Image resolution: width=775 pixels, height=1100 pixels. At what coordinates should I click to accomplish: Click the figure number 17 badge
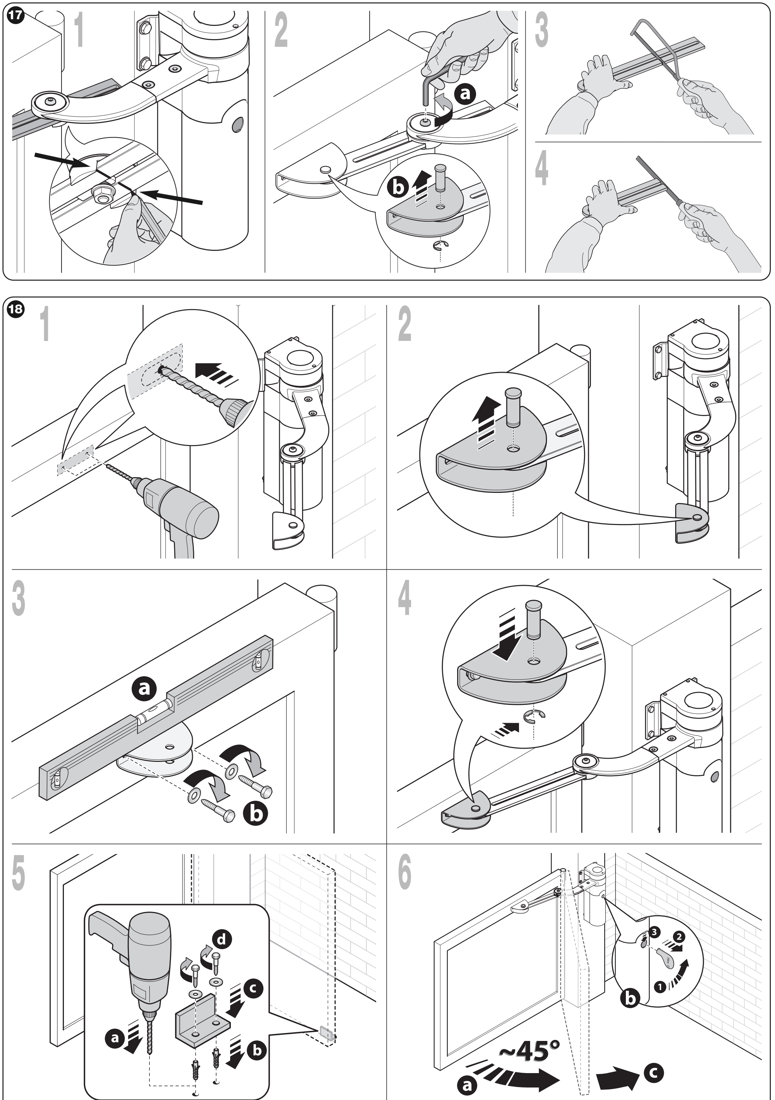click(x=15, y=15)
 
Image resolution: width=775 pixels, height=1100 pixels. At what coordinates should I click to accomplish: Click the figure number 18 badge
click(x=15, y=309)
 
